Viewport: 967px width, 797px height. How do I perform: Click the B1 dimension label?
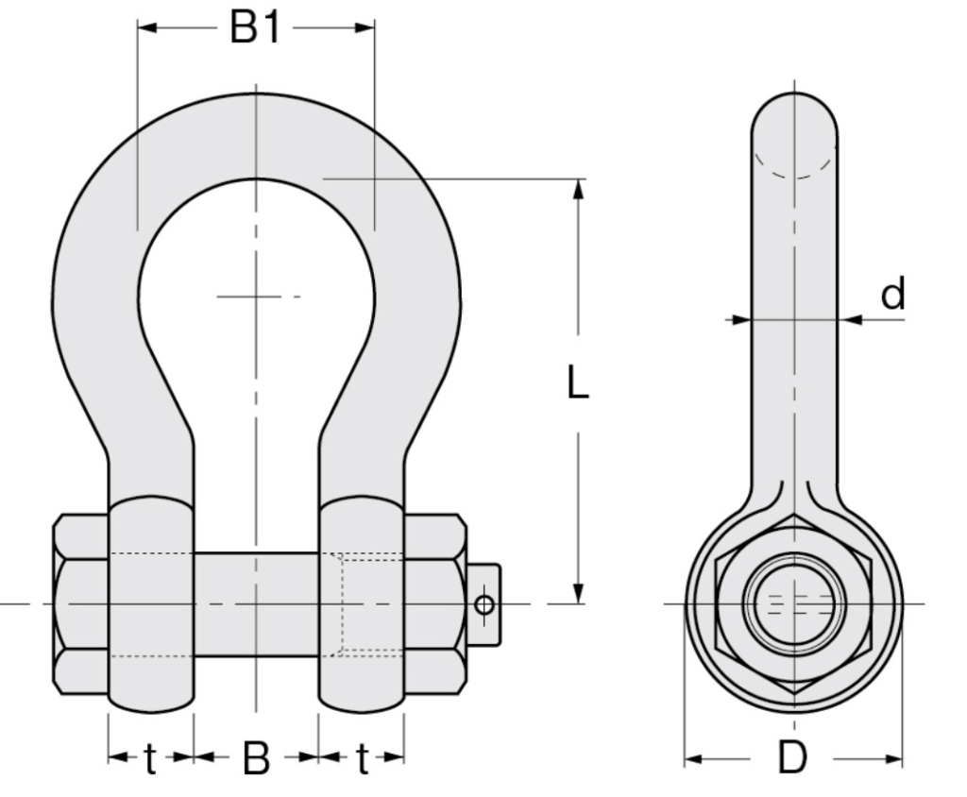point(255,27)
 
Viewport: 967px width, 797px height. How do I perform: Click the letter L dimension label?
point(578,382)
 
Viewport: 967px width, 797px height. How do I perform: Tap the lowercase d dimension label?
point(892,295)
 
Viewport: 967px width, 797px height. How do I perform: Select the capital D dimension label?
point(792,757)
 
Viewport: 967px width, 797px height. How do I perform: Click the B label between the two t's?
point(256,757)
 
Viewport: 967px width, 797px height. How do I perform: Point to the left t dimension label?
point(151,757)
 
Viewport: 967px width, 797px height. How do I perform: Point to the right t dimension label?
point(362,757)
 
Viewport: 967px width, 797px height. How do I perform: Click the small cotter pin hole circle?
point(483,604)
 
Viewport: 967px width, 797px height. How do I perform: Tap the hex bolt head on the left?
point(80,604)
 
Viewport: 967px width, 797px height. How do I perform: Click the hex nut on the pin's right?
point(434,604)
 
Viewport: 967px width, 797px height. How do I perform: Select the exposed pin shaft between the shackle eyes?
point(256,604)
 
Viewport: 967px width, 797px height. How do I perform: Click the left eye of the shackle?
point(151,604)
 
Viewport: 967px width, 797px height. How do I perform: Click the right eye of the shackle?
point(362,604)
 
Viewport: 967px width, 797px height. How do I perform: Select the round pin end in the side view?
point(793,602)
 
